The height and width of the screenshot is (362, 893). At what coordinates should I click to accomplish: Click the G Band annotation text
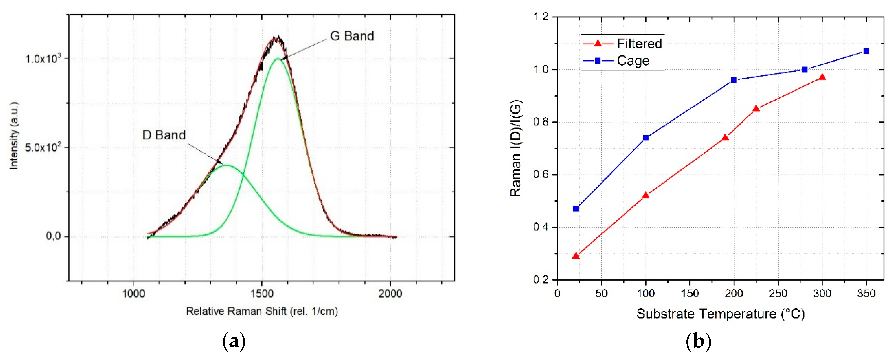(352, 36)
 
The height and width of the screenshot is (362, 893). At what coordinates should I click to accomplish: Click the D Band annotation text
(164, 135)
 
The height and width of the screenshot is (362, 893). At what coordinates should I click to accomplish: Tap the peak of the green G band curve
(278, 59)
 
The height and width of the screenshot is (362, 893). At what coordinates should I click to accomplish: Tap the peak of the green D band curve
(227, 165)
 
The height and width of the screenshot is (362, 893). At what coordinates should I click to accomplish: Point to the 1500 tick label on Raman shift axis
(262, 294)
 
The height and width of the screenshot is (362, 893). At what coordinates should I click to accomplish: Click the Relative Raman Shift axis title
(262, 311)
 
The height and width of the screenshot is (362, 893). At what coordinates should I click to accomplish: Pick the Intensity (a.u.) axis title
(14, 136)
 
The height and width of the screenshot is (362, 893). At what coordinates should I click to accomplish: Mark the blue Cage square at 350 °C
(866, 51)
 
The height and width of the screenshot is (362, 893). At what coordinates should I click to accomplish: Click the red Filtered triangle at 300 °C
(822, 77)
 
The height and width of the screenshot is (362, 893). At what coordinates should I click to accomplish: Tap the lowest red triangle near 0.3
(576, 256)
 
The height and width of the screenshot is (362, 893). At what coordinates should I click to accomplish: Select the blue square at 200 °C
(734, 80)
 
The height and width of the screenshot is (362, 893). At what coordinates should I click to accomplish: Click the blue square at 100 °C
(646, 138)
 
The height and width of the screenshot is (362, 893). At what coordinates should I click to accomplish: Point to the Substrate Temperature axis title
(720, 314)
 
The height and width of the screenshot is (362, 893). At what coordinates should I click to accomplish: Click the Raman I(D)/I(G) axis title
(515, 148)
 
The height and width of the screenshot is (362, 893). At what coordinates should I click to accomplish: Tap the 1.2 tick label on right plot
(541, 17)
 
